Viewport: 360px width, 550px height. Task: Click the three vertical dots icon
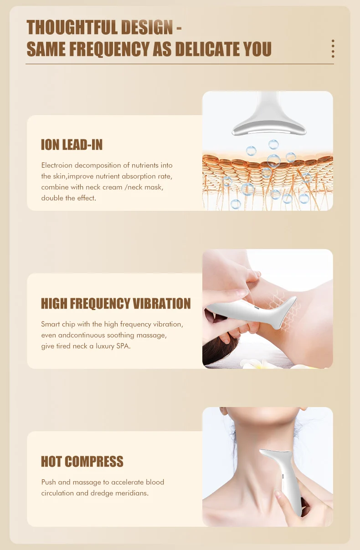333,49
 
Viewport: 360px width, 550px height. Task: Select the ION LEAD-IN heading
72,145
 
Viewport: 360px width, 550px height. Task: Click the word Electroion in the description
57,165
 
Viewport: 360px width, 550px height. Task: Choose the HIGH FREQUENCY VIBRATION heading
116,303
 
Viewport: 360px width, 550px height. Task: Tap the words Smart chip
58,324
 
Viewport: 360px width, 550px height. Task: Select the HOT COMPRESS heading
82,461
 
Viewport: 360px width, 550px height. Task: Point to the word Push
49,482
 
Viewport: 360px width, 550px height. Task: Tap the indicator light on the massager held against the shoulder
256,307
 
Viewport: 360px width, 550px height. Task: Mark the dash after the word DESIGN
179,28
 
